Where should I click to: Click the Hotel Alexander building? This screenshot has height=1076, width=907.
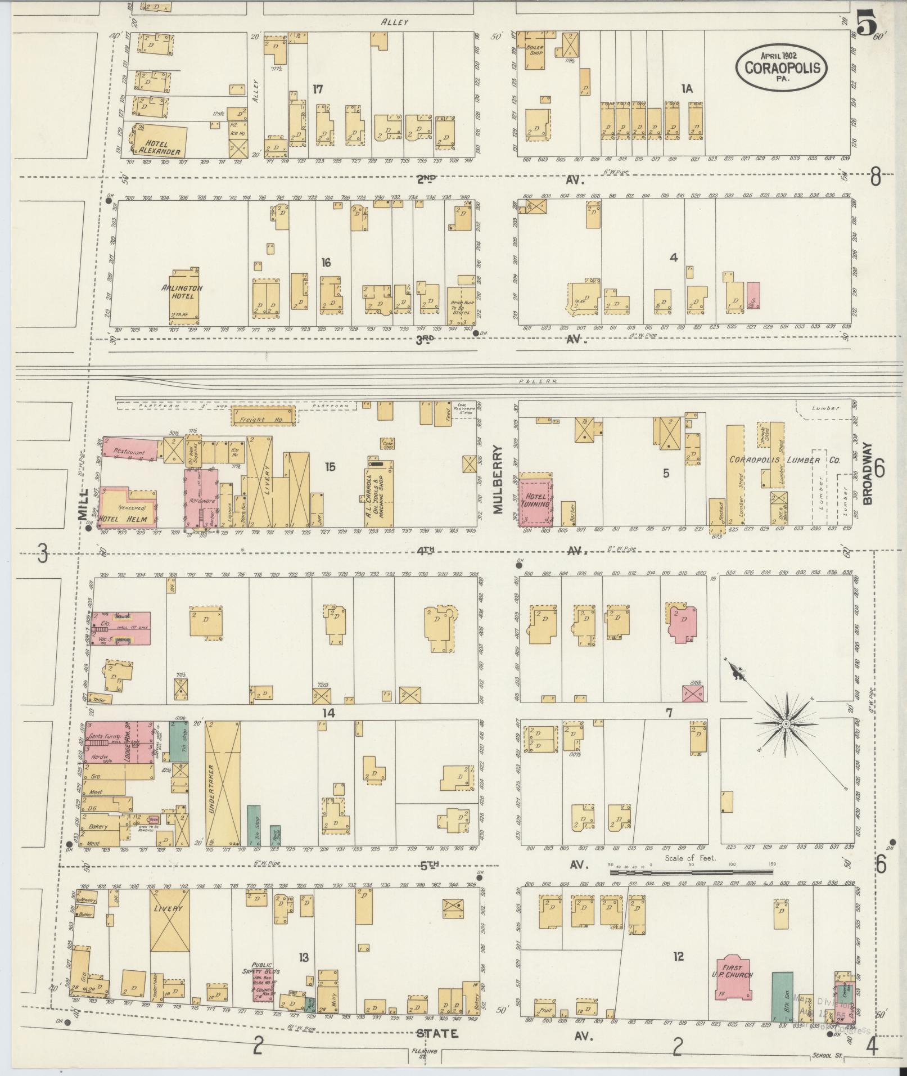coord(161,140)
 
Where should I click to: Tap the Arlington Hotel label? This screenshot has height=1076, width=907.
coord(182,291)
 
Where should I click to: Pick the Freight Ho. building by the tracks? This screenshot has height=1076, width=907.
coord(263,417)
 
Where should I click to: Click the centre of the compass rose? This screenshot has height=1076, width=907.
coord(785,725)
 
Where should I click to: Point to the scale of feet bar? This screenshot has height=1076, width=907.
coord(691,888)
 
